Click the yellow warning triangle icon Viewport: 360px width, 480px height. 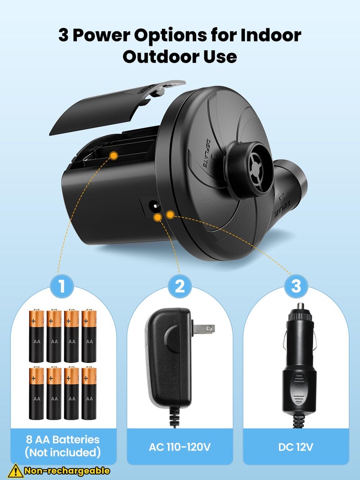tap(16, 471)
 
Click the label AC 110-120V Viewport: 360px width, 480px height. tap(180, 447)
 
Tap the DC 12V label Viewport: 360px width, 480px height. tap(296, 447)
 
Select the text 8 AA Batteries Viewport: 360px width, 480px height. tap(63, 440)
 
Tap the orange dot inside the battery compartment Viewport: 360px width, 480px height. tap(114, 156)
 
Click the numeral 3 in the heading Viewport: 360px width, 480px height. tap(63, 35)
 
